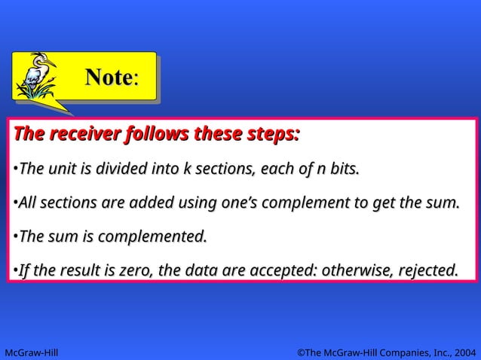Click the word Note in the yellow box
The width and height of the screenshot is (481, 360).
click(x=108, y=77)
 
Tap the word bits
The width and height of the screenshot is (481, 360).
click(x=342, y=169)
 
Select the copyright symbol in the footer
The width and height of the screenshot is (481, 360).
click(x=300, y=351)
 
